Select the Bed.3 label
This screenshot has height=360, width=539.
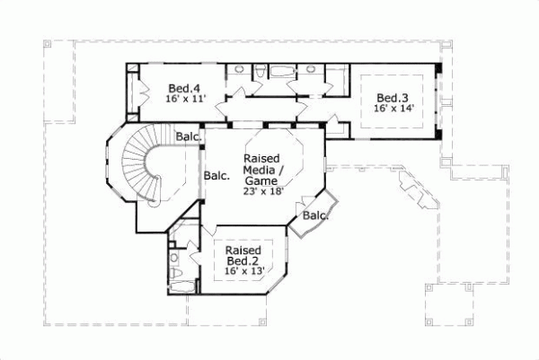click(393, 98)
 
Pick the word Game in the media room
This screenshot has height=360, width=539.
click(261, 180)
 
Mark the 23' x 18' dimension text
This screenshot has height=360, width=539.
click(261, 190)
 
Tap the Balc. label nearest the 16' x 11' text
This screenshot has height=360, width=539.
click(188, 136)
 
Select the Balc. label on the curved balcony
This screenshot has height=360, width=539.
click(315, 215)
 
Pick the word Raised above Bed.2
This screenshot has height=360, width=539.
click(243, 250)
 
